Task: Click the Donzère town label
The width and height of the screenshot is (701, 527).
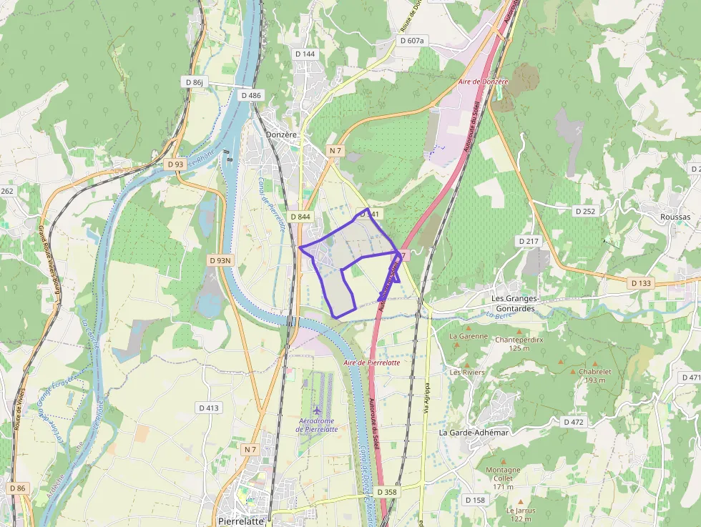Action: pos(280,134)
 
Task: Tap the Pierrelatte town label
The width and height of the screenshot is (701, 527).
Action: pos(241,521)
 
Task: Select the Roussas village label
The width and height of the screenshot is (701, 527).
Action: pos(675,217)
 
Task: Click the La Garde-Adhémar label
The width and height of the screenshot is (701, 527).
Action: pos(474,433)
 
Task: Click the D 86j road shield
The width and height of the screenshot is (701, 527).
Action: pos(195,82)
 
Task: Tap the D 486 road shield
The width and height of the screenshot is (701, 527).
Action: pos(251,95)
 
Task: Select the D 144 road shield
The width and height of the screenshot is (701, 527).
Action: pos(305,54)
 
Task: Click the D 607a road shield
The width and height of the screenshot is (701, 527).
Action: pos(412,41)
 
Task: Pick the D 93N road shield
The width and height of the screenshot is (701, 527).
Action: pos(220,260)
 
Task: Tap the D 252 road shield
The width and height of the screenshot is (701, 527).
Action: pos(585,211)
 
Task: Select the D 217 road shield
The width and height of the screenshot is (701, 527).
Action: pos(528,241)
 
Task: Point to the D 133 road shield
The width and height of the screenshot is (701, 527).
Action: pos(642,283)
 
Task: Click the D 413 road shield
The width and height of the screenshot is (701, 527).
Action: pos(209,408)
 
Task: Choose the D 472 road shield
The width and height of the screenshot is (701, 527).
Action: pos(574,422)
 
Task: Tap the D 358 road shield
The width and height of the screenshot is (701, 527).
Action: pos(386,492)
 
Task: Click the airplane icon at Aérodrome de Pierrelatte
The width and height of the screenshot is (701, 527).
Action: pos(318,410)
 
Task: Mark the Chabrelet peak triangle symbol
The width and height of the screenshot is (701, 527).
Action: pos(573,372)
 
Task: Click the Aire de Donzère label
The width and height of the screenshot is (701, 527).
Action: pos(483,82)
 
